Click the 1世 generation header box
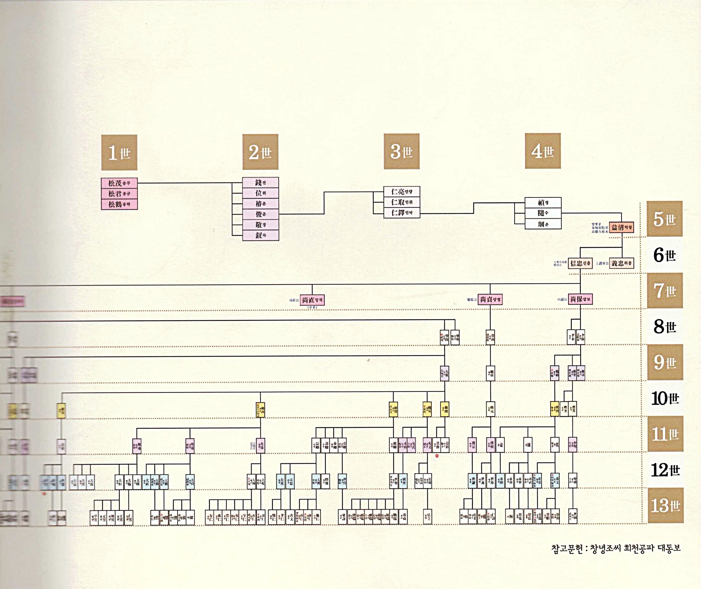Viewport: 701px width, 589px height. point(119,153)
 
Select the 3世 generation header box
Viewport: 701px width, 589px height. point(401,152)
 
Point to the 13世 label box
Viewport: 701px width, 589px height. point(665,505)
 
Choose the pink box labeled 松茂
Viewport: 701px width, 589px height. point(119,183)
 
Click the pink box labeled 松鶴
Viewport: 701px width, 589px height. point(119,204)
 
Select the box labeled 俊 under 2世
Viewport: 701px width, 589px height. point(260,214)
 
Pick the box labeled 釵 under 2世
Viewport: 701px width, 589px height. point(260,235)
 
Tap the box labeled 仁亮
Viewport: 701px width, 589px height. point(401,192)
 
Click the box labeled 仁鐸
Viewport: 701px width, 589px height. point(401,213)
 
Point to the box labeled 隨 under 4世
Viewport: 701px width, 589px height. point(543,213)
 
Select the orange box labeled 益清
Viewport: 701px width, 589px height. point(621,227)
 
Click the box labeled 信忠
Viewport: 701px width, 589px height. point(580,263)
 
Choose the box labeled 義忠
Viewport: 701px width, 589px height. point(621,263)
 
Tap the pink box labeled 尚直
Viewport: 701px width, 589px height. point(312,300)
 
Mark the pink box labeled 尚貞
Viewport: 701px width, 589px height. point(490,300)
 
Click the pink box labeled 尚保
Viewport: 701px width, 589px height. point(580,299)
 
